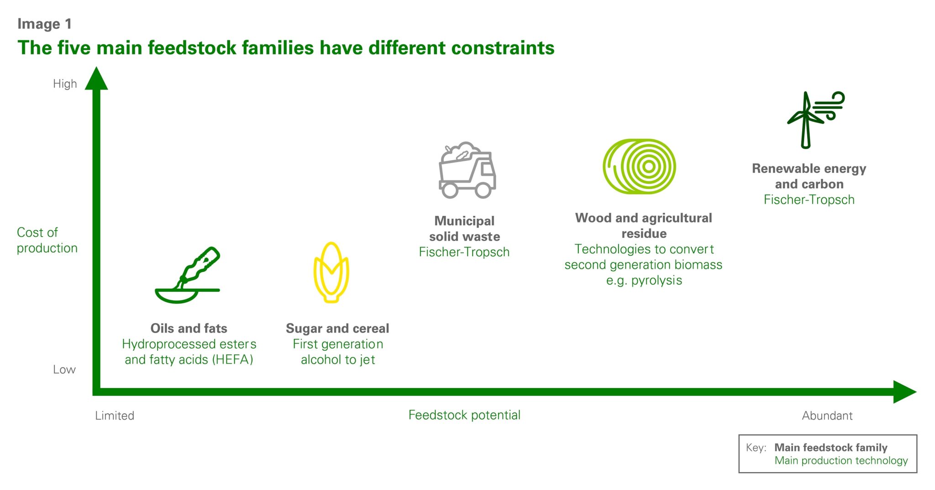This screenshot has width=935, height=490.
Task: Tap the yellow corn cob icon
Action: (x=331, y=273)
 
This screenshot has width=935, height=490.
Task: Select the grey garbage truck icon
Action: (x=467, y=171)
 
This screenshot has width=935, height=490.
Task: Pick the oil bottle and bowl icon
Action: (x=188, y=276)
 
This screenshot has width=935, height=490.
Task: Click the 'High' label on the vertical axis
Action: (x=65, y=84)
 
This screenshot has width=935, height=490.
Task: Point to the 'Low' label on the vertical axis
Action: (x=64, y=369)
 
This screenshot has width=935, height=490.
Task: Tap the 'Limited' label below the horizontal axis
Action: (x=115, y=416)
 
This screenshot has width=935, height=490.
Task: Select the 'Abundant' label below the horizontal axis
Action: (x=827, y=416)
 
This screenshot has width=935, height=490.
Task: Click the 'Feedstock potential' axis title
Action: (x=464, y=415)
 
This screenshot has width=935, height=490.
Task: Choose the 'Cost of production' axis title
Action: (x=47, y=240)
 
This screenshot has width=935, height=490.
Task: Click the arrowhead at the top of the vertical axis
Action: (x=96, y=79)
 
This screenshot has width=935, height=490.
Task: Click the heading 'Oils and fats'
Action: (x=189, y=328)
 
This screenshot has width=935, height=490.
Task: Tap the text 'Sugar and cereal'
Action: (x=337, y=328)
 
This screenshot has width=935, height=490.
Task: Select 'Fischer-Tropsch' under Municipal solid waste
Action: (x=464, y=252)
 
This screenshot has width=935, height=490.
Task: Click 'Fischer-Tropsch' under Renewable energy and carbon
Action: (x=809, y=200)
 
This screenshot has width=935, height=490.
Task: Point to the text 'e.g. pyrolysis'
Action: (x=644, y=280)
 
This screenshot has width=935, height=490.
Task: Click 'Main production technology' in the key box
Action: (x=841, y=460)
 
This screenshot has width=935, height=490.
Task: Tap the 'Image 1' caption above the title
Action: (x=44, y=24)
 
